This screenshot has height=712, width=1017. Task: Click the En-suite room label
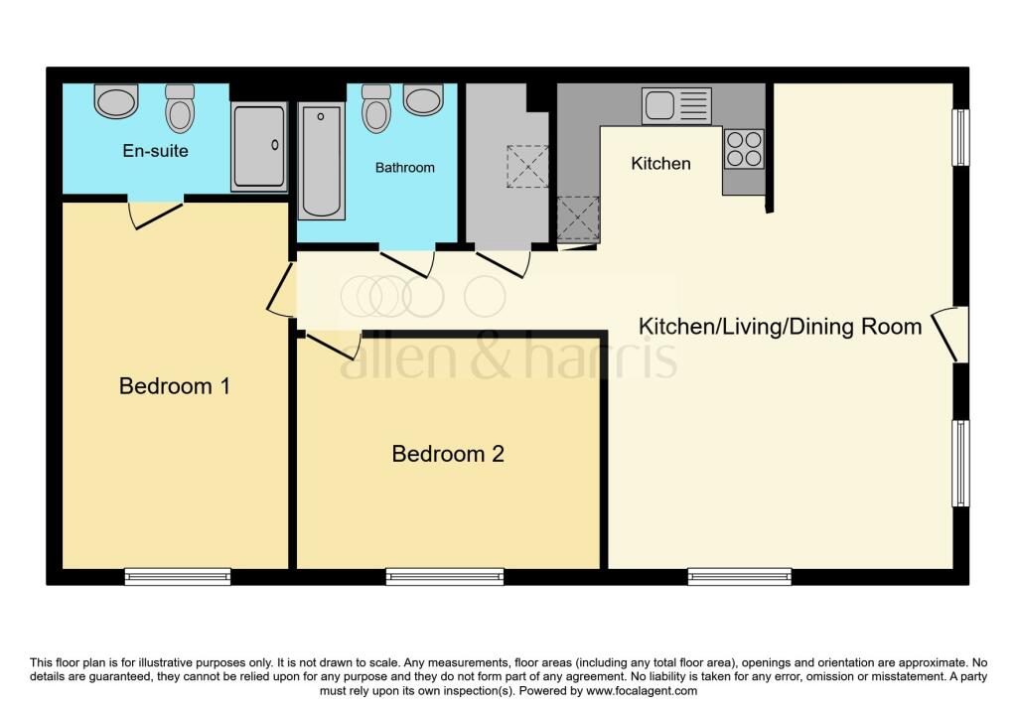155,151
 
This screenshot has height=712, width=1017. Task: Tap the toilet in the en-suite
180,108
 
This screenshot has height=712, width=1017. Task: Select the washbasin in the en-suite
117,101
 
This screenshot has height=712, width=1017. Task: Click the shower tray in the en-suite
259,147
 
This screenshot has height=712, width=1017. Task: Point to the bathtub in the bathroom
321,161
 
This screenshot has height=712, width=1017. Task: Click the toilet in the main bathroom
376,108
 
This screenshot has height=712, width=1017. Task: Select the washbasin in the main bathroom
423,100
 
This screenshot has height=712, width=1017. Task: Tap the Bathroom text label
405,168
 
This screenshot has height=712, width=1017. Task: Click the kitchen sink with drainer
676,105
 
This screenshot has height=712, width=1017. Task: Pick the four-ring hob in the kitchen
744,149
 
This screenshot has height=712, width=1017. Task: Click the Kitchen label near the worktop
660,164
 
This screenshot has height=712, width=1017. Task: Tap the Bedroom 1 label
175,386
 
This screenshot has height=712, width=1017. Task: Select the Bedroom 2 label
448,454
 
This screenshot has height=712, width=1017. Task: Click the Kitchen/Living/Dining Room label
781,326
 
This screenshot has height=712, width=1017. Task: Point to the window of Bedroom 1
178,577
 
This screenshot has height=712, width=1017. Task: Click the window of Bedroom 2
445,577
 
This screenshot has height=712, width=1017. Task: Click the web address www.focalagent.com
642,691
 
